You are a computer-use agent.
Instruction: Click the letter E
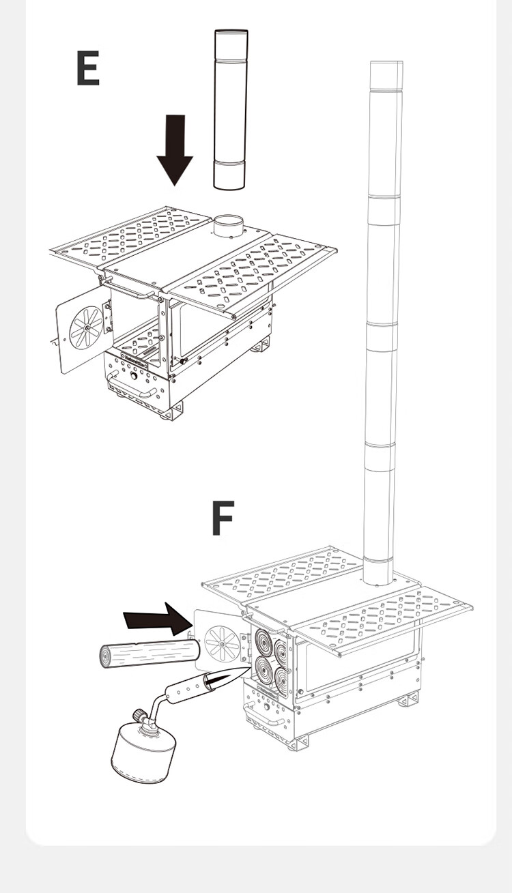point(88,69)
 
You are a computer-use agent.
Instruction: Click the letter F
point(223,518)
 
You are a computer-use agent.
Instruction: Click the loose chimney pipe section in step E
point(230,109)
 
